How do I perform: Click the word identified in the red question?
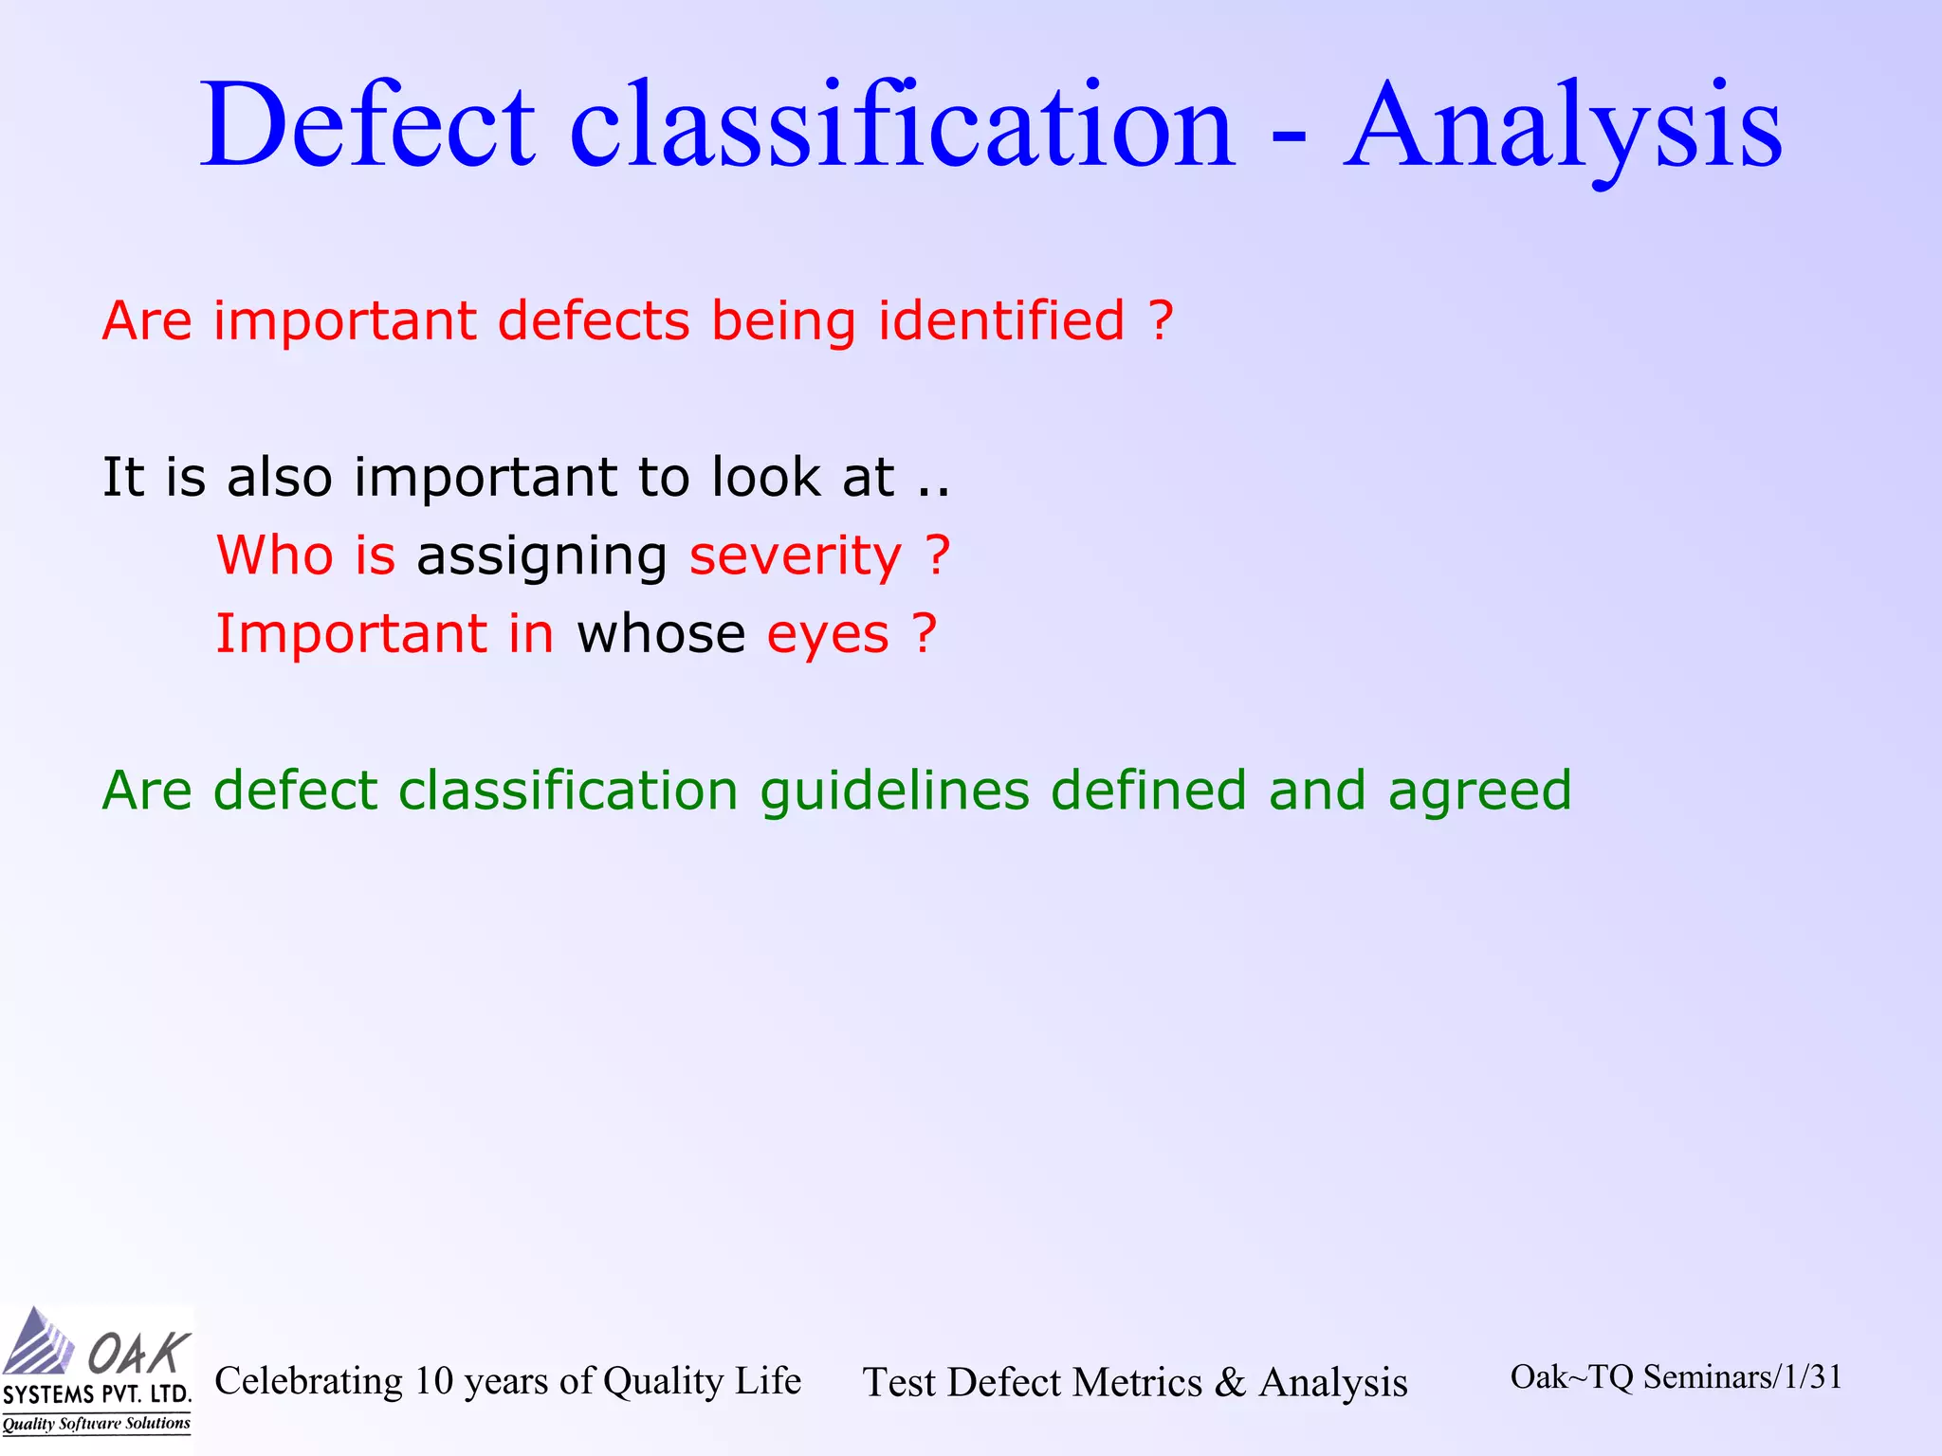pyautogui.click(x=1001, y=320)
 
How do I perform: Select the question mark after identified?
pyautogui.click(x=1162, y=320)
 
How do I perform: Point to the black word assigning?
pyautogui.click(x=541, y=556)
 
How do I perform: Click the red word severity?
pyautogui.click(x=795, y=556)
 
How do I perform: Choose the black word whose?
pyautogui.click(x=661, y=634)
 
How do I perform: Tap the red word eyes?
pyautogui.click(x=828, y=636)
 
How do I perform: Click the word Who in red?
pyautogui.click(x=274, y=555)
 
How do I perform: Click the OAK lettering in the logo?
pyautogui.click(x=137, y=1353)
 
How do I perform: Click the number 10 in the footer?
pyautogui.click(x=433, y=1381)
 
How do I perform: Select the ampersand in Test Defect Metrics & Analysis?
pyautogui.click(x=1230, y=1382)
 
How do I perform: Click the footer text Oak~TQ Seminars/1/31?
pyautogui.click(x=1676, y=1377)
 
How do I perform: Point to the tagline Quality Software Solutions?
pyautogui.click(x=96, y=1424)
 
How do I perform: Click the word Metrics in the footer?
pyautogui.click(x=1143, y=1383)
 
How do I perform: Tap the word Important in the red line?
pyautogui.click(x=351, y=634)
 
